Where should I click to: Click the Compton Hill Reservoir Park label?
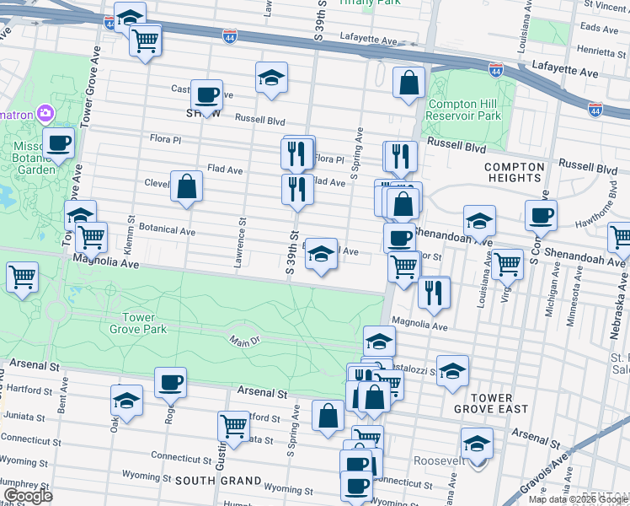pyautogui.click(x=464, y=110)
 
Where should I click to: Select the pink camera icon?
pyautogui.click(x=45, y=113)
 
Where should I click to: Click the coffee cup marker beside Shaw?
pyautogui.click(x=206, y=95)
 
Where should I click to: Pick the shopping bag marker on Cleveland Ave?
pyautogui.click(x=186, y=186)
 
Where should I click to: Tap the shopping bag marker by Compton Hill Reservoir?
pyautogui.click(x=408, y=83)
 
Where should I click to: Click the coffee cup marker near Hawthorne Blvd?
pyautogui.click(x=541, y=214)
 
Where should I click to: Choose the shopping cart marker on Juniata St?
pyautogui.click(x=233, y=426)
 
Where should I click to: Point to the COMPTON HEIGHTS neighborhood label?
pyautogui.click(x=514, y=172)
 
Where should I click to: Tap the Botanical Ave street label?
pyautogui.click(x=167, y=230)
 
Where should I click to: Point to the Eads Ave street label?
pyautogui.click(x=599, y=28)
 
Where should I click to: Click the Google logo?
pyautogui.click(x=28, y=496)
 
